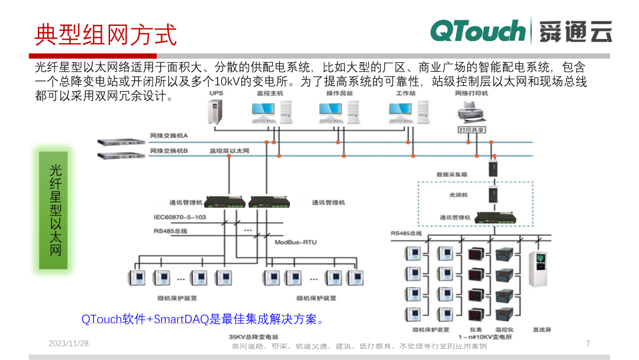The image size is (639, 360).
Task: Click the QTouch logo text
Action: click(x=477, y=30)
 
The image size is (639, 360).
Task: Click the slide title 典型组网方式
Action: click(x=105, y=34)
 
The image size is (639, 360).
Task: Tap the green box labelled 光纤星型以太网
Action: click(x=54, y=210)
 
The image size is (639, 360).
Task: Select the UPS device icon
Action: click(x=217, y=111)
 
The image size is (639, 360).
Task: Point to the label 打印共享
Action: click(x=472, y=128)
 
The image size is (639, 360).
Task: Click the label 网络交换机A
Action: click(x=169, y=136)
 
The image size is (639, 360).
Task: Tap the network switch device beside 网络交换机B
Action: click(x=121, y=155)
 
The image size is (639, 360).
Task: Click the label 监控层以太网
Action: click(x=230, y=151)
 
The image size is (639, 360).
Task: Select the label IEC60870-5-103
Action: click(x=180, y=217)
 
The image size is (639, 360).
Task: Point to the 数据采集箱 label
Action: click(x=452, y=175)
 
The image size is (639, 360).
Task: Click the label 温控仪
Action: click(x=505, y=329)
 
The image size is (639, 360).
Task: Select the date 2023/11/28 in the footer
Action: click(x=69, y=343)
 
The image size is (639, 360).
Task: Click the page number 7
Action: click(x=588, y=343)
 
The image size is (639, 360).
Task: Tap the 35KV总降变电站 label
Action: click(x=253, y=336)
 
